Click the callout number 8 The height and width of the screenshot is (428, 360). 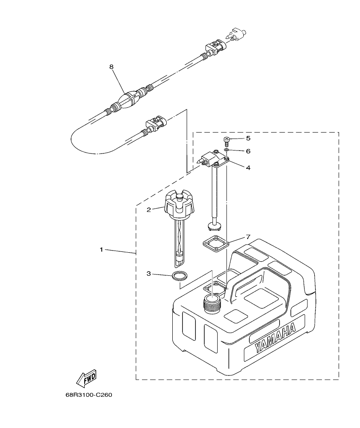pyautogui.click(x=111, y=67)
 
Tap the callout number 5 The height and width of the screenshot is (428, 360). pyautogui.click(x=248, y=139)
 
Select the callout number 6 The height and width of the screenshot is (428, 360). pyautogui.click(x=248, y=151)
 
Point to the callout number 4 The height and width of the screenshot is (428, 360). pyautogui.click(x=248, y=168)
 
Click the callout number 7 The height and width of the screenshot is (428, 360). pyautogui.click(x=248, y=236)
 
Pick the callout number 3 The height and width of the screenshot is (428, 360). pyautogui.click(x=149, y=274)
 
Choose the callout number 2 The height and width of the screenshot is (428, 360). pyautogui.click(x=149, y=210)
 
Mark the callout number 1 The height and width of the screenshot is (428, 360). pyautogui.click(x=101, y=249)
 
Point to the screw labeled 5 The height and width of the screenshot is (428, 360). pyautogui.click(x=227, y=141)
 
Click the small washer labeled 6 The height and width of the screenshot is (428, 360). pyautogui.click(x=227, y=151)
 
